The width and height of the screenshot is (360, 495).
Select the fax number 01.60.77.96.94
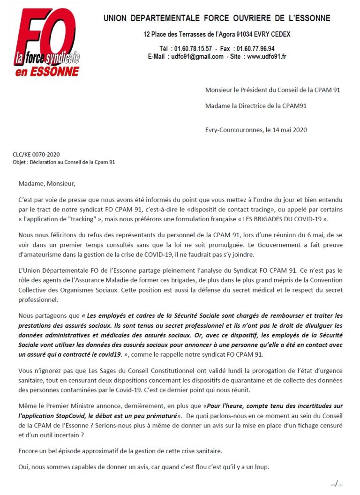click(x=255, y=48)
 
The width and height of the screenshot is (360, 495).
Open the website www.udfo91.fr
click(x=267, y=57)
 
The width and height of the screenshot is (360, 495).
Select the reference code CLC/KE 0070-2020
click(x=36, y=154)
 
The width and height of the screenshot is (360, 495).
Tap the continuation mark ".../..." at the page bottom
click(x=336, y=484)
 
